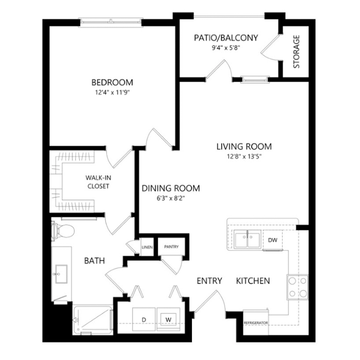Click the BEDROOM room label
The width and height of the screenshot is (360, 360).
click(112, 82)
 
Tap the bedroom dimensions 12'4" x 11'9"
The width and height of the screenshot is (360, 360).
click(112, 92)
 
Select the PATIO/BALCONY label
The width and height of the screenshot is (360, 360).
click(226, 38)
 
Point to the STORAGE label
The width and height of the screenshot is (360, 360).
click(296, 52)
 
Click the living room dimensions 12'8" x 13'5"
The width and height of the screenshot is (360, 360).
click(244, 156)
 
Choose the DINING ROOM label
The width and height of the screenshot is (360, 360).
click(170, 188)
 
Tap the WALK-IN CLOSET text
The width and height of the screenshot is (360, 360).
click(98, 182)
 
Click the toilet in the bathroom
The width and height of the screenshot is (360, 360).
click(63, 230)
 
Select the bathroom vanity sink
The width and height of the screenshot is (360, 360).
click(61, 274)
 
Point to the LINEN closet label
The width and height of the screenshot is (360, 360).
click(147, 247)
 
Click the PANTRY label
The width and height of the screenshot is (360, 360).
click(171, 246)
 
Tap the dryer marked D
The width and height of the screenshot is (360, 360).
click(144, 319)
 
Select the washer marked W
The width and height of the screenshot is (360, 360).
click(168, 319)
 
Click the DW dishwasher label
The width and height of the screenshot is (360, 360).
click(273, 240)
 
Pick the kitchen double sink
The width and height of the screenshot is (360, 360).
click(247, 240)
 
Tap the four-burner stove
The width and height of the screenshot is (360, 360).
click(298, 287)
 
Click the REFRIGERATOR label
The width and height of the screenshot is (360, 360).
click(256, 323)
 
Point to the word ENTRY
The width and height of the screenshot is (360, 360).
click(209, 280)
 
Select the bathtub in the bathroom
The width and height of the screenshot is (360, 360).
click(92, 320)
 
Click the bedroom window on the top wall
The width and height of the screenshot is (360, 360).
click(111, 22)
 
